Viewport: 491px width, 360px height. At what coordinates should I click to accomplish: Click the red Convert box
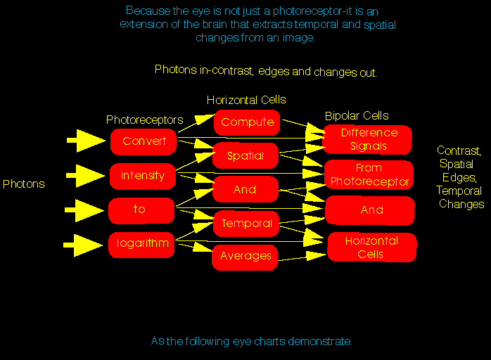pos(144,141)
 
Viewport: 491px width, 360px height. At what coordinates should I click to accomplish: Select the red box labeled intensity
pos(142,176)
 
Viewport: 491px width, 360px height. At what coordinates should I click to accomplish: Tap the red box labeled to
pos(141,210)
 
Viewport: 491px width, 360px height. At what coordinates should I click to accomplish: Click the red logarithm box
pos(142,244)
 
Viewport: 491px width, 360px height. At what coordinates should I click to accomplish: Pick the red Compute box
pos(247,122)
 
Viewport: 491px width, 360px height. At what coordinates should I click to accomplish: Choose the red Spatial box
pos(245,156)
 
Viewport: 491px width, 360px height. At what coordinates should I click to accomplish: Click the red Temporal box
pos(246,224)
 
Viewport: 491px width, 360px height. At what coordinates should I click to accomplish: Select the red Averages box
pos(245,257)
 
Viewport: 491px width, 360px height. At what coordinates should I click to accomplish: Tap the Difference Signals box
pos(368,139)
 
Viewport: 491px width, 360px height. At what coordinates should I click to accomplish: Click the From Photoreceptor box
pos(369,174)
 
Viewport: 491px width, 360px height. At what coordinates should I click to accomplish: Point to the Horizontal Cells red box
pos(371,247)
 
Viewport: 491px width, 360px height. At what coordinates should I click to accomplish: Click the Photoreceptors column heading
pos(144,120)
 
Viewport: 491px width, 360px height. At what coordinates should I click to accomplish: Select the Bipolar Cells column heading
pos(357,116)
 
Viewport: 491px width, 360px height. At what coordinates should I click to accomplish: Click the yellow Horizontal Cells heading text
pos(246,100)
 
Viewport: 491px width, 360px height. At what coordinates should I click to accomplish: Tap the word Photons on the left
pos(23,184)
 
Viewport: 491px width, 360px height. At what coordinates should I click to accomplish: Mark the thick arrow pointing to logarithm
pos(83,245)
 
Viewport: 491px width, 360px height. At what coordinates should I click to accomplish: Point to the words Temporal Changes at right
pos(460,198)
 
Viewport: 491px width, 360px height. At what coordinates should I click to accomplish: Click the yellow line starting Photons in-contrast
pos(266,71)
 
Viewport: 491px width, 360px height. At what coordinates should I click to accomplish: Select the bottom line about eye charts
pos(251,342)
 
